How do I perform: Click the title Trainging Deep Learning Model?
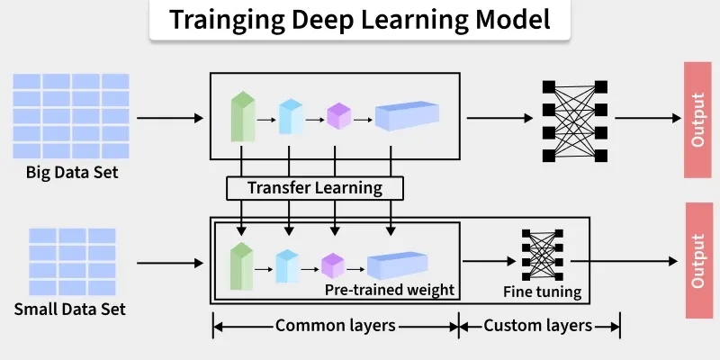click(360, 21)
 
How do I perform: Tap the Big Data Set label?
click(72, 171)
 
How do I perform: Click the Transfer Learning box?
click(315, 188)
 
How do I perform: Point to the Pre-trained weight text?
click(389, 291)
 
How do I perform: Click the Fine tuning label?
click(541, 292)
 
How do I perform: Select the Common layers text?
click(335, 325)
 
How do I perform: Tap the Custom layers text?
click(538, 325)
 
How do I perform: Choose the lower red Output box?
click(698, 260)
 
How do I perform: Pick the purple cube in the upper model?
click(337, 117)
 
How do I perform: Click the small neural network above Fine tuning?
click(542, 256)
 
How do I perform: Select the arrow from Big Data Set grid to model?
click(170, 118)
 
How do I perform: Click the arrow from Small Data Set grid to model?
click(170, 263)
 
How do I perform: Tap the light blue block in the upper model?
click(290, 117)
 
